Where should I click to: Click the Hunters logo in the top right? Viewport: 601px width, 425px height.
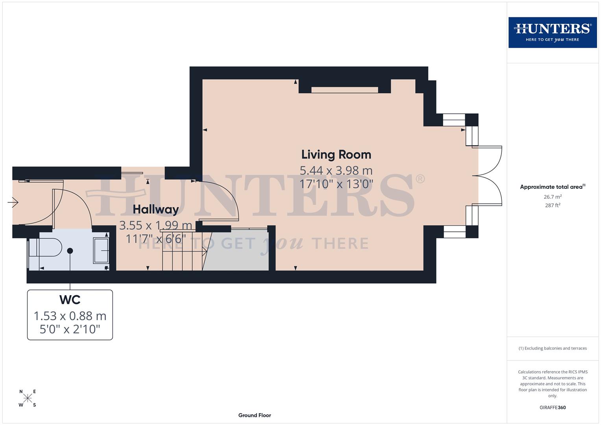coord(552,32)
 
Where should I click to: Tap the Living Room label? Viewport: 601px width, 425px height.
coord(336,155)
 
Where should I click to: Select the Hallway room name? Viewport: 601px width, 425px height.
coord(155,209)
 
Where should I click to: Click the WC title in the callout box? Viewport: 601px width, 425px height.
coord(70,300)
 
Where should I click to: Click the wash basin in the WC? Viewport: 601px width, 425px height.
coord(101,250)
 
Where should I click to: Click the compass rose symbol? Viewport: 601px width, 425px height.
coord(28,398)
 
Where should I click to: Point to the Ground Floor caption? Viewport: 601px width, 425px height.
coord(255,415)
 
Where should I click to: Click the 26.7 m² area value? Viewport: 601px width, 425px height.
coord(552,197)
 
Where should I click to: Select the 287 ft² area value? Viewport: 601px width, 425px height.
coord(552,205)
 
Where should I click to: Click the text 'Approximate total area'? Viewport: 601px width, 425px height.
coord(551,187)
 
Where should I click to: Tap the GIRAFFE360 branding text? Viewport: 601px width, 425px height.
coord(552,408)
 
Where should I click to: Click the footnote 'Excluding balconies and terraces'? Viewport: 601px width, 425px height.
coord(553,348)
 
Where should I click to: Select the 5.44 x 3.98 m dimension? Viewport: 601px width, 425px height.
coord(336,170)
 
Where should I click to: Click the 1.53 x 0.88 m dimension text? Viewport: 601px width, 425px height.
coord(70,316)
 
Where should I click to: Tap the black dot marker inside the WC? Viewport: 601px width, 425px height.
coord(70,251)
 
